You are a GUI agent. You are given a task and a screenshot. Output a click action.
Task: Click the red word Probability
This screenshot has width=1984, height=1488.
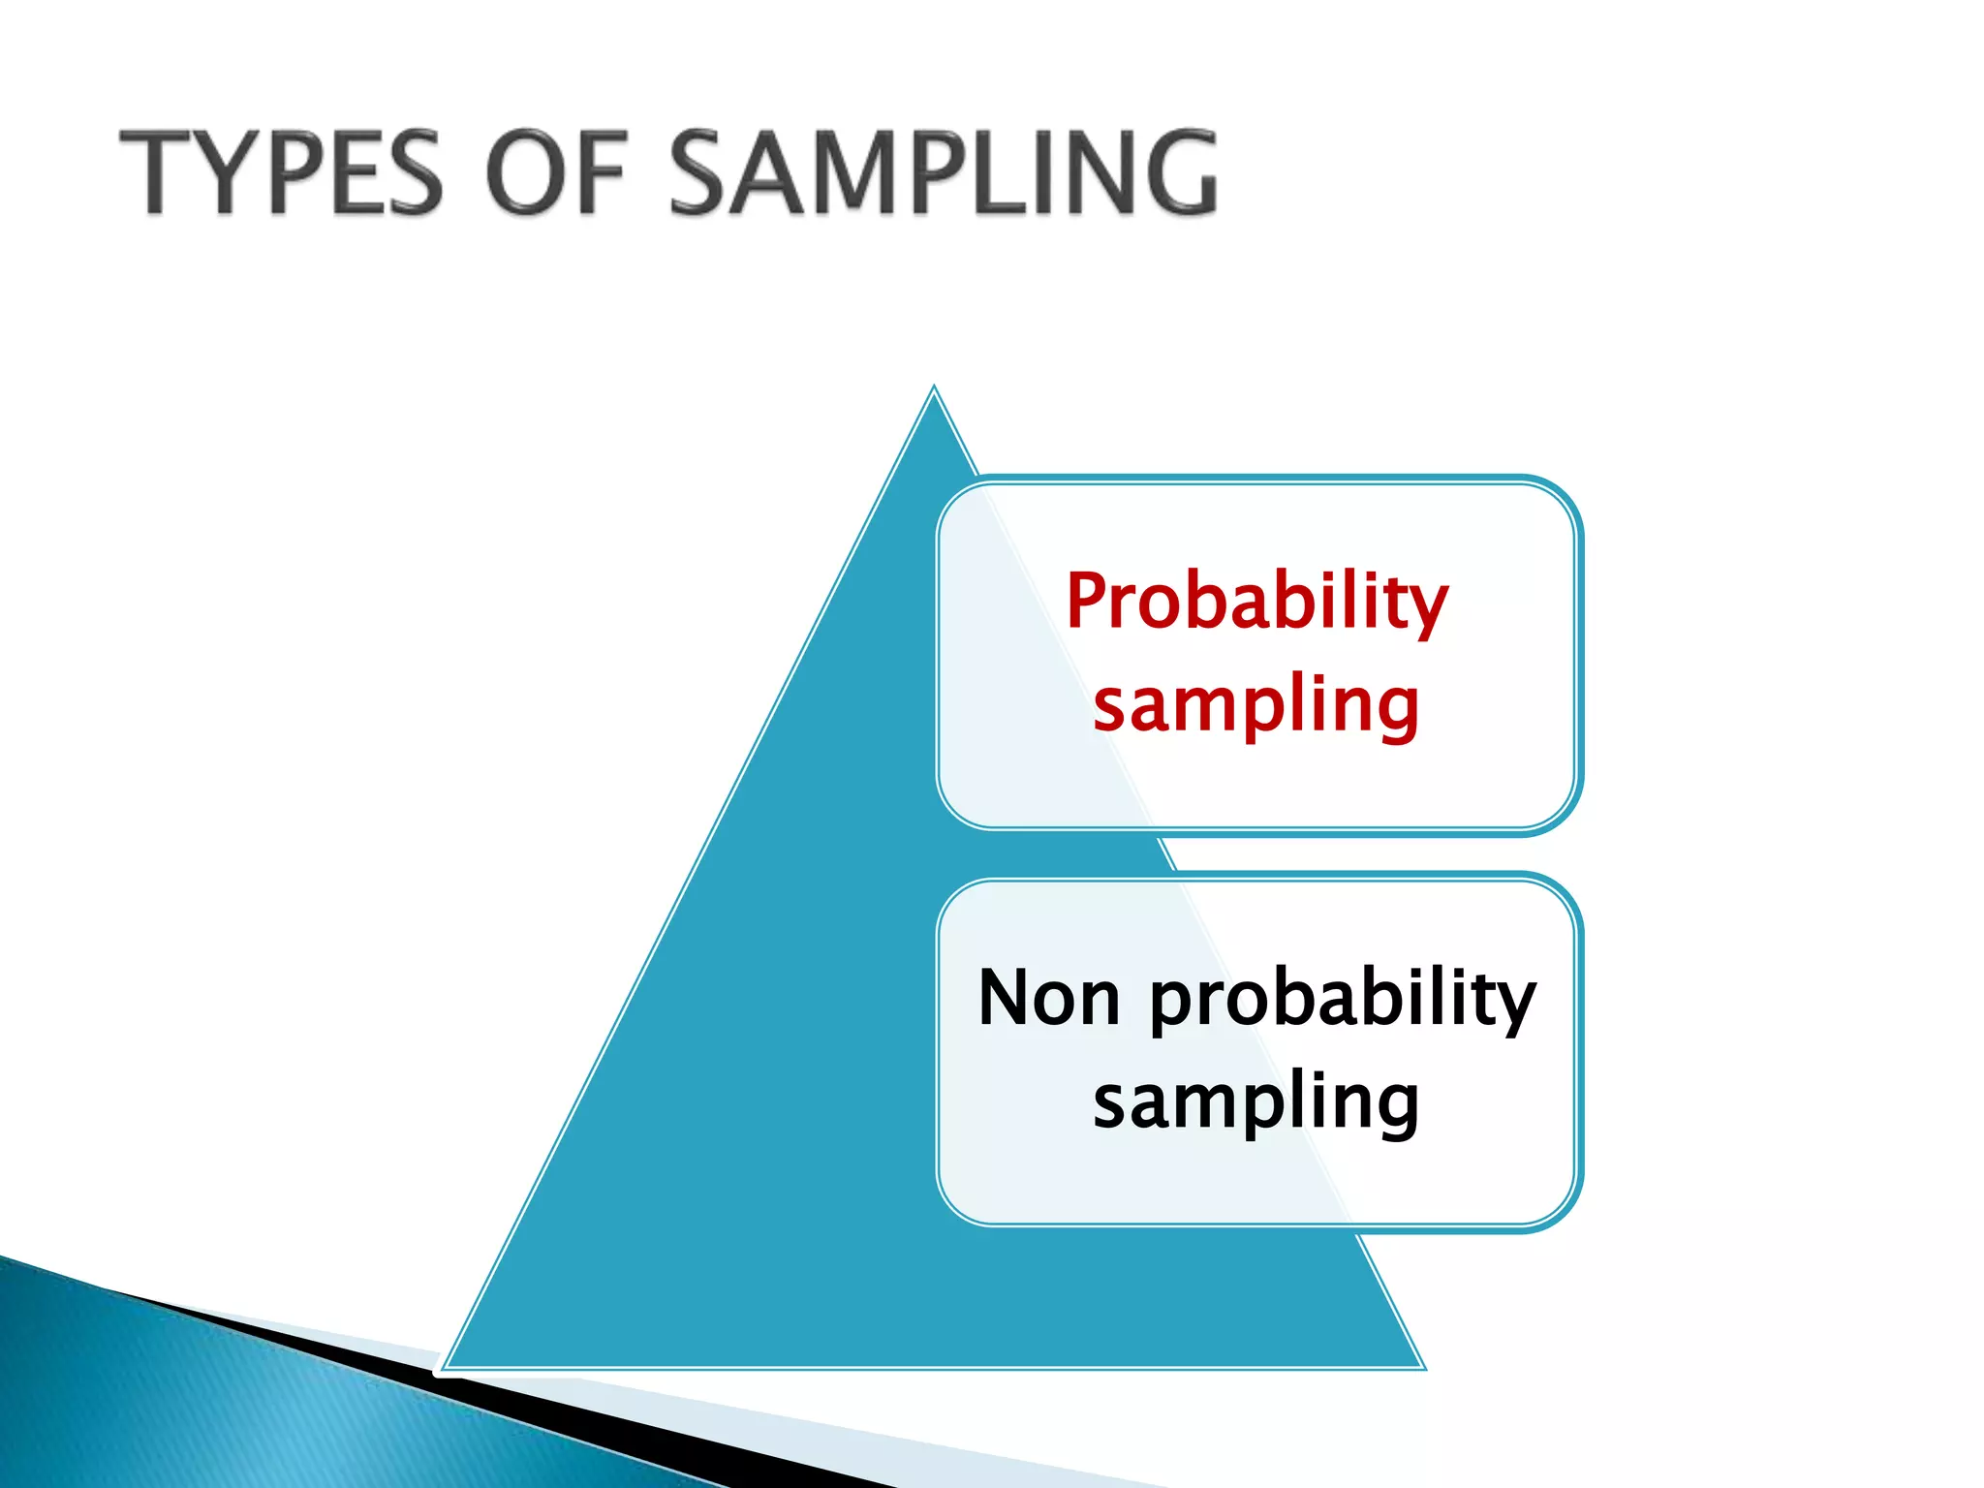[1256, 603]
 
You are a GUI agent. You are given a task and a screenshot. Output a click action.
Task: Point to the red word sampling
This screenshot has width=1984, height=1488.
[1256, 705]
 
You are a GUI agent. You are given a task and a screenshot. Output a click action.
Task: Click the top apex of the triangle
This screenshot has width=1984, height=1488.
[934, 389]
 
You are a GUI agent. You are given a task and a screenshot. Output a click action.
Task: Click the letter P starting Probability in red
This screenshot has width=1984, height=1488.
[1089, 601]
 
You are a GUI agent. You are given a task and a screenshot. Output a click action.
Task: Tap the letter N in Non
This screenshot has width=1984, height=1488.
[1007, 998]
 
